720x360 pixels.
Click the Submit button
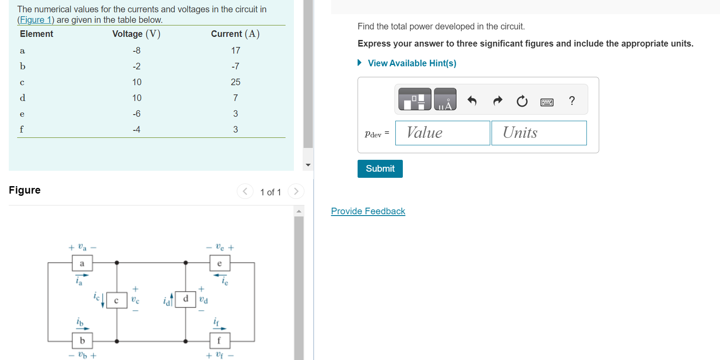[380, 169]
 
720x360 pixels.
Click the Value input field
[442, 133]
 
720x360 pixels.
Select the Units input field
[539, 133]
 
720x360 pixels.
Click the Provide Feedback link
[368, 211]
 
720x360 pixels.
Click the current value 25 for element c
[235, 82]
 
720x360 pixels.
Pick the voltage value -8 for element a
[137, 50]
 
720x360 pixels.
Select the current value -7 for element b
[235, 66]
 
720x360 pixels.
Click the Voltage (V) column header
[136, 34]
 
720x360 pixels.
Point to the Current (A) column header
[235, 34]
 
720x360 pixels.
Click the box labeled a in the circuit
[82, 263]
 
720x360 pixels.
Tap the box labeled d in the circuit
[185, 299]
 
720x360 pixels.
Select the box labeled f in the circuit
[219, 340]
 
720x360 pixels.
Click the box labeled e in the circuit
[220, 263]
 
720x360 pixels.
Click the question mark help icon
[572, 101]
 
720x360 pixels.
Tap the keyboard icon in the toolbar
[547, 102]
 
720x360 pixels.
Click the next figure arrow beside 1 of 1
[296, 191]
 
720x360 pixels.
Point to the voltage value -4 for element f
[137, 130]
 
